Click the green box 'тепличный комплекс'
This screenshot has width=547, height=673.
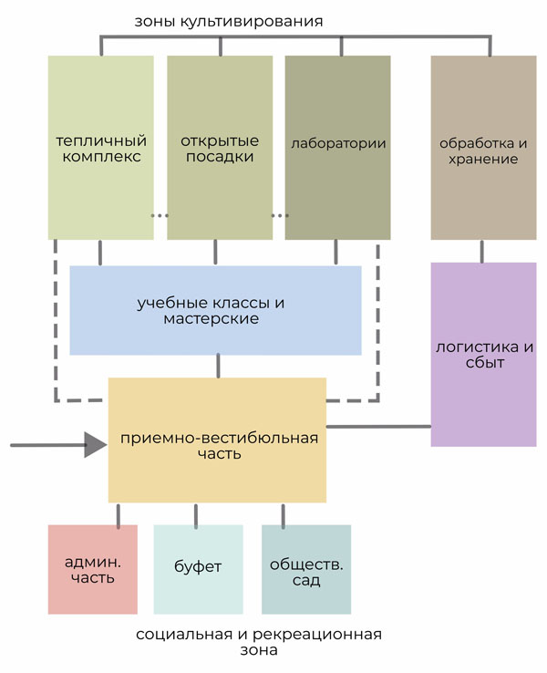pos(101,148)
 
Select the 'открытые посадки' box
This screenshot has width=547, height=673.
pos(219,148)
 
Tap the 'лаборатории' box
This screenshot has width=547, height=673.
pos(338,148)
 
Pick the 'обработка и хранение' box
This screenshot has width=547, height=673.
pos(483,148)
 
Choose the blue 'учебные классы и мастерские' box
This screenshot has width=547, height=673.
pos(215,310)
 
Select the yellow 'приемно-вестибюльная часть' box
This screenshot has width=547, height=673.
pos(217,440)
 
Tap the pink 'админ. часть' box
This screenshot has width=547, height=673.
pos(93,569)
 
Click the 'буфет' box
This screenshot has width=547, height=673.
pos(198,569)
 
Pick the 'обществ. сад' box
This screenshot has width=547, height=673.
pos(306,569)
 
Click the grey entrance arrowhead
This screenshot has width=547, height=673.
pos(95,445)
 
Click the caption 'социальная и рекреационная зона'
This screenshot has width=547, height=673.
pos(258,642)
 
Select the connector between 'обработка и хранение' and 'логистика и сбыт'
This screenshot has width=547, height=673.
pos(482,251)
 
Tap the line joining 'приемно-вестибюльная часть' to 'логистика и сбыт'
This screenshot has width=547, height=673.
pos(378,426)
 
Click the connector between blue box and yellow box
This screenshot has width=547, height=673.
pos(218,365)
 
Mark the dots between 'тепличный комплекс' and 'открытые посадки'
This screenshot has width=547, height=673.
pos(160,216)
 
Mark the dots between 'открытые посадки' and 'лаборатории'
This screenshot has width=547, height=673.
pos(279,216)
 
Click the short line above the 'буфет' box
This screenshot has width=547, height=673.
pos(196,513)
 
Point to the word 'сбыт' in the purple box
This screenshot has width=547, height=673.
pos(483,363)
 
